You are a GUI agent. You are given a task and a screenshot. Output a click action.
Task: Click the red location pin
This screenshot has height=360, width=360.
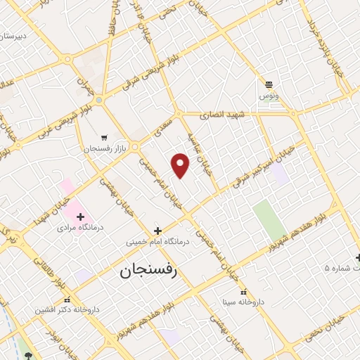click(x=181, y=165)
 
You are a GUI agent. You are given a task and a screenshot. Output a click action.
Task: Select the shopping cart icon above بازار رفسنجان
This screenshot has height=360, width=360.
click(x=105, y=138)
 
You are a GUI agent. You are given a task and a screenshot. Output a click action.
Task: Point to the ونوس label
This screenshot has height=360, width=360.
click(x=268, y=95)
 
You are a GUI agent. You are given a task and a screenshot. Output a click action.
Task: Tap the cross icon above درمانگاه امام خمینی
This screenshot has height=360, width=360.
click(x=157, y=231)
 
